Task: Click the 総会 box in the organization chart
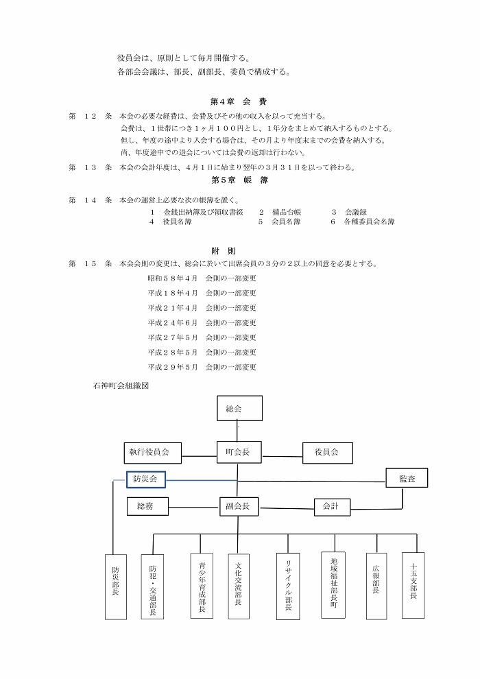(239, 408)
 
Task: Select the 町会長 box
(239, 452)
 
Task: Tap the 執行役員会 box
(152, 453)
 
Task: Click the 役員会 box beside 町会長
(327, 453)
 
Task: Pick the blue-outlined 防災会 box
(146, 479)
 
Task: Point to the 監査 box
(407, 478)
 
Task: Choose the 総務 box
(147, 505)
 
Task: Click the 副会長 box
(239, 505)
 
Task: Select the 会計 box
(332, 507)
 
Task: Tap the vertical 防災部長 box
(116, 587)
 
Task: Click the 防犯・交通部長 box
(153, 586)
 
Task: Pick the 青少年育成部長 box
(202, 586)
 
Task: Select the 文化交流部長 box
(239, 586)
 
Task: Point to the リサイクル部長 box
(288, 586)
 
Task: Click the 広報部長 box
(376, 586)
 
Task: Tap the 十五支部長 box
(413, 585)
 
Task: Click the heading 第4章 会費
(239, 102)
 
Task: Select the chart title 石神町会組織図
(121, 385)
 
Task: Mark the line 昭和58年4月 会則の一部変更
(202, 278)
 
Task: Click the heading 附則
(224, 251)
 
